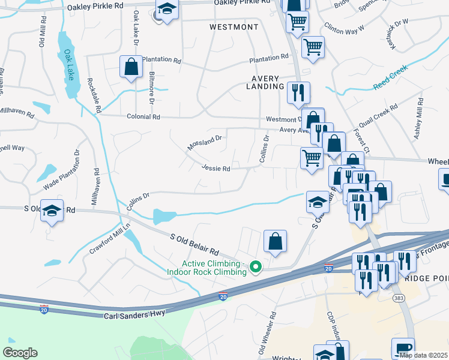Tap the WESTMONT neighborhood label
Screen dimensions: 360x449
coord(234,28)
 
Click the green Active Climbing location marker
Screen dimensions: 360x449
coord(256,266)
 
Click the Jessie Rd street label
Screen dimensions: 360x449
coord(216,169)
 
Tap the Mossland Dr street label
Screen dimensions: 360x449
coord(204,142)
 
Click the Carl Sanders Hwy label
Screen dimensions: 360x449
coord(134,315)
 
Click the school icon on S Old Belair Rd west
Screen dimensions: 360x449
coord(52,211)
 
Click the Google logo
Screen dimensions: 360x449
coord(20,353)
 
